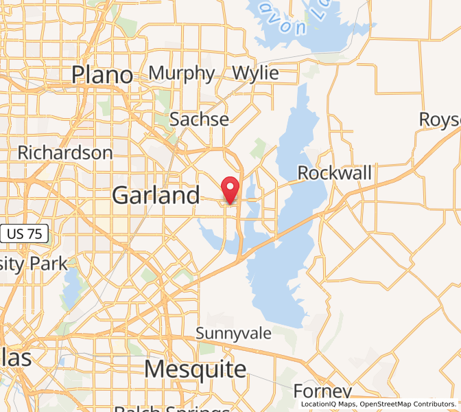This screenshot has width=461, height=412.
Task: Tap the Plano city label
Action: point(102,75)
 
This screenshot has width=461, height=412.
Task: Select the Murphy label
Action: point(182,73)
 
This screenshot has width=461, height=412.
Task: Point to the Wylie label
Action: point(255,73)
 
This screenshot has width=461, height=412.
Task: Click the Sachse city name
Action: point(199,119)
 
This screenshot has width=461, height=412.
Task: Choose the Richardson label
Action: point(65,152)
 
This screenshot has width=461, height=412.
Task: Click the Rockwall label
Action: point(335,173)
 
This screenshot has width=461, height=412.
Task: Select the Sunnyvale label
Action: point(233,334)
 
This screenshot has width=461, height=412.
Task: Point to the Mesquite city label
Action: point(196,369)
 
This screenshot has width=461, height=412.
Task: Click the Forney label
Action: point(322,391)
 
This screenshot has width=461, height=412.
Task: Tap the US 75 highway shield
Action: point(25,234)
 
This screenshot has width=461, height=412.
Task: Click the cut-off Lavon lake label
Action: point(292,21)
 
